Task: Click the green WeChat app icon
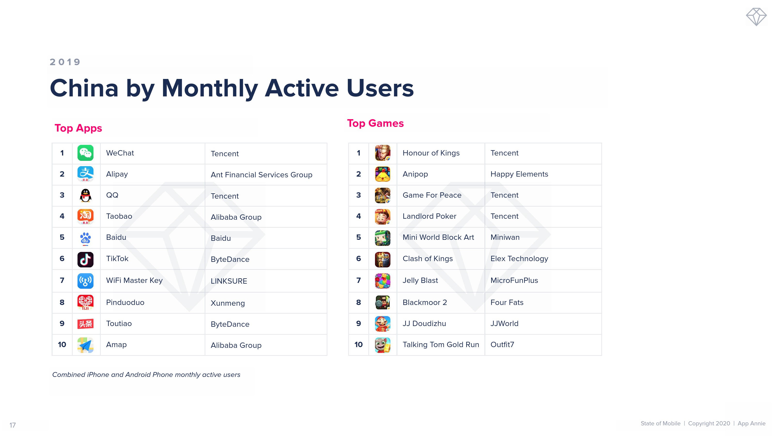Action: click(x=85, y=153)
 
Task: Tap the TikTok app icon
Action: click(x=85, y=259)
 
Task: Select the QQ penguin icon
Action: click(x=85, y=195)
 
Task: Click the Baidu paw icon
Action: click(x=85, y=239)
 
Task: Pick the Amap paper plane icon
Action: click(x=85, y=345)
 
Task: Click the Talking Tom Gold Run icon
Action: click(x=383, y=345)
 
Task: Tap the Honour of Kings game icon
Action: click(x=383, y=153)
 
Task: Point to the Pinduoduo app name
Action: click(x=125, y=302)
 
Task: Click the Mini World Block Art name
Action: click(x=438, y=237)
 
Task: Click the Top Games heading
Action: click(x=375, y=123)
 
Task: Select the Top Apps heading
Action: click(x=78, y=128)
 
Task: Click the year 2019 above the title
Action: click(x=65, y=62)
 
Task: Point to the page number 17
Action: click(x=13, y=425)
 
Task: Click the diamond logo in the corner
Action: click(x=756, y=17)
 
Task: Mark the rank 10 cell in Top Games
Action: click(x=359, y=345)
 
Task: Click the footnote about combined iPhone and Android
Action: click(x=146, y=375)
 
